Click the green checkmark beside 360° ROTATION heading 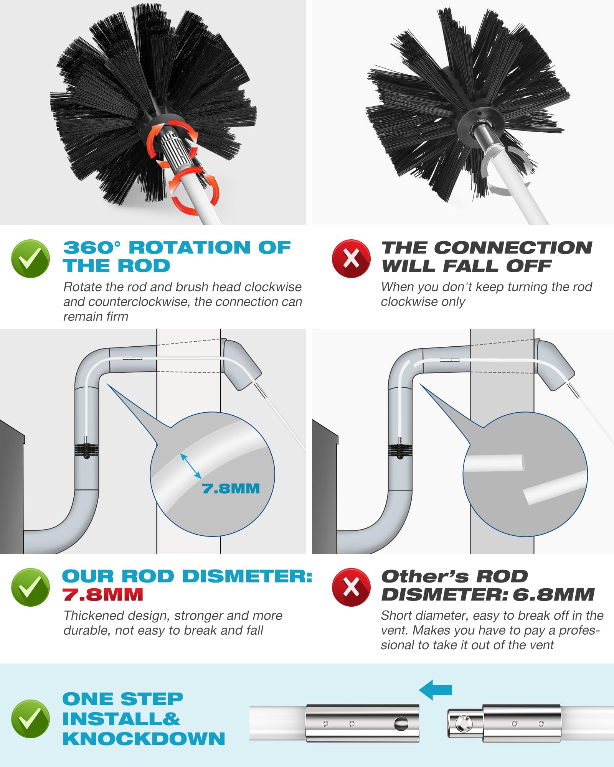[30, 258]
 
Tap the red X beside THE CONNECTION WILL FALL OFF [351, 258]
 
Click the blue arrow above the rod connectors [436, 690]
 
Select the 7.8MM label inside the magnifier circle [231, 489]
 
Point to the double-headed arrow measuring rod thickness [191, 466]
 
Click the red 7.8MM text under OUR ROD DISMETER [103, 594]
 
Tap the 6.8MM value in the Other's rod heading [553, 594]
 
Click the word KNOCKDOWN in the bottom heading [144, 739]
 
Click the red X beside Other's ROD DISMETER [351, 587]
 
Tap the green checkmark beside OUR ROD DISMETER [30, 587]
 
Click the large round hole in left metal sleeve [401, 724]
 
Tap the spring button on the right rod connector [462, 724]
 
